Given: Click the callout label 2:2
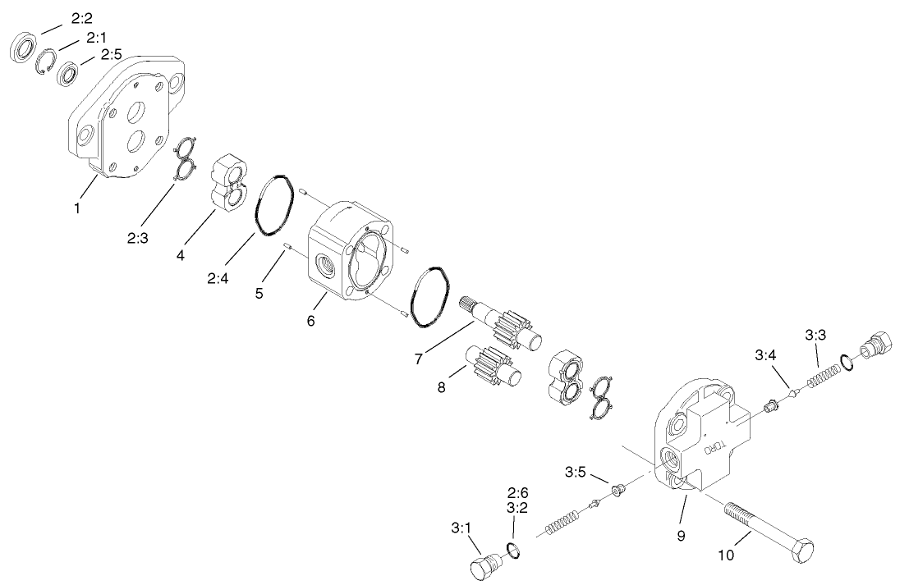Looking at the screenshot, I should [83, 17].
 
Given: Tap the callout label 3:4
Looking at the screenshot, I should [766, 355].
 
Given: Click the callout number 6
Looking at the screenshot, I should [310, 321].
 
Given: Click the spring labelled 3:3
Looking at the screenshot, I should [821, 374].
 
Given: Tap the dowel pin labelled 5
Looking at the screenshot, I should [287, 248].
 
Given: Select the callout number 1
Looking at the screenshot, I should [77, 208].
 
